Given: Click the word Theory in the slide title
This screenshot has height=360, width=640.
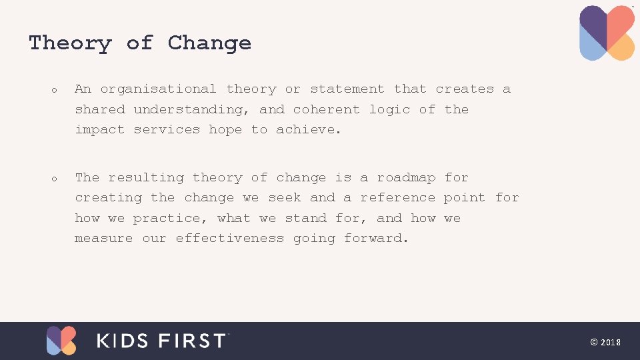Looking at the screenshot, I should (x=70, y=43).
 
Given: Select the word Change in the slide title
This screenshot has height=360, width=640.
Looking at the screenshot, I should (x=209, y=43).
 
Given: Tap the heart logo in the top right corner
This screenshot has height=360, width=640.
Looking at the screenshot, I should (x=607, y=33).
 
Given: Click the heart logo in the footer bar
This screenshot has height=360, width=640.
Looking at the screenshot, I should (x=61, y=340).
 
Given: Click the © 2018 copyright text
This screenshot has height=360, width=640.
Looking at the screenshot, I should (x=605, y=342).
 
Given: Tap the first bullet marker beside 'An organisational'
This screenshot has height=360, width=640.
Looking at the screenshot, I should (x=53, y=90).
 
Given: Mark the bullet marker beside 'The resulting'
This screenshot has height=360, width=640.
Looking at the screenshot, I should (x=53, y=179).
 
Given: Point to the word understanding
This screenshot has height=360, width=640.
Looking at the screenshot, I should (x=191, y=110).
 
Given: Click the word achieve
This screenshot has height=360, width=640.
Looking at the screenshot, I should (x=307, y=130).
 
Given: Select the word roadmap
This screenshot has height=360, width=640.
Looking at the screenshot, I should (x=406, y=178).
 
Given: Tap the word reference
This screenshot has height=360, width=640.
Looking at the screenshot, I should (x=397, y=198).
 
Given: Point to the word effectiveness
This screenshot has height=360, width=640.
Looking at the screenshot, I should (x=229, y=239).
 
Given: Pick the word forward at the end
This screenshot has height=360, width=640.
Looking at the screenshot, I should (x=375, y=239).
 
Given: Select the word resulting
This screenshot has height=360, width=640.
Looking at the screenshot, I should (x=146, y=178).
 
